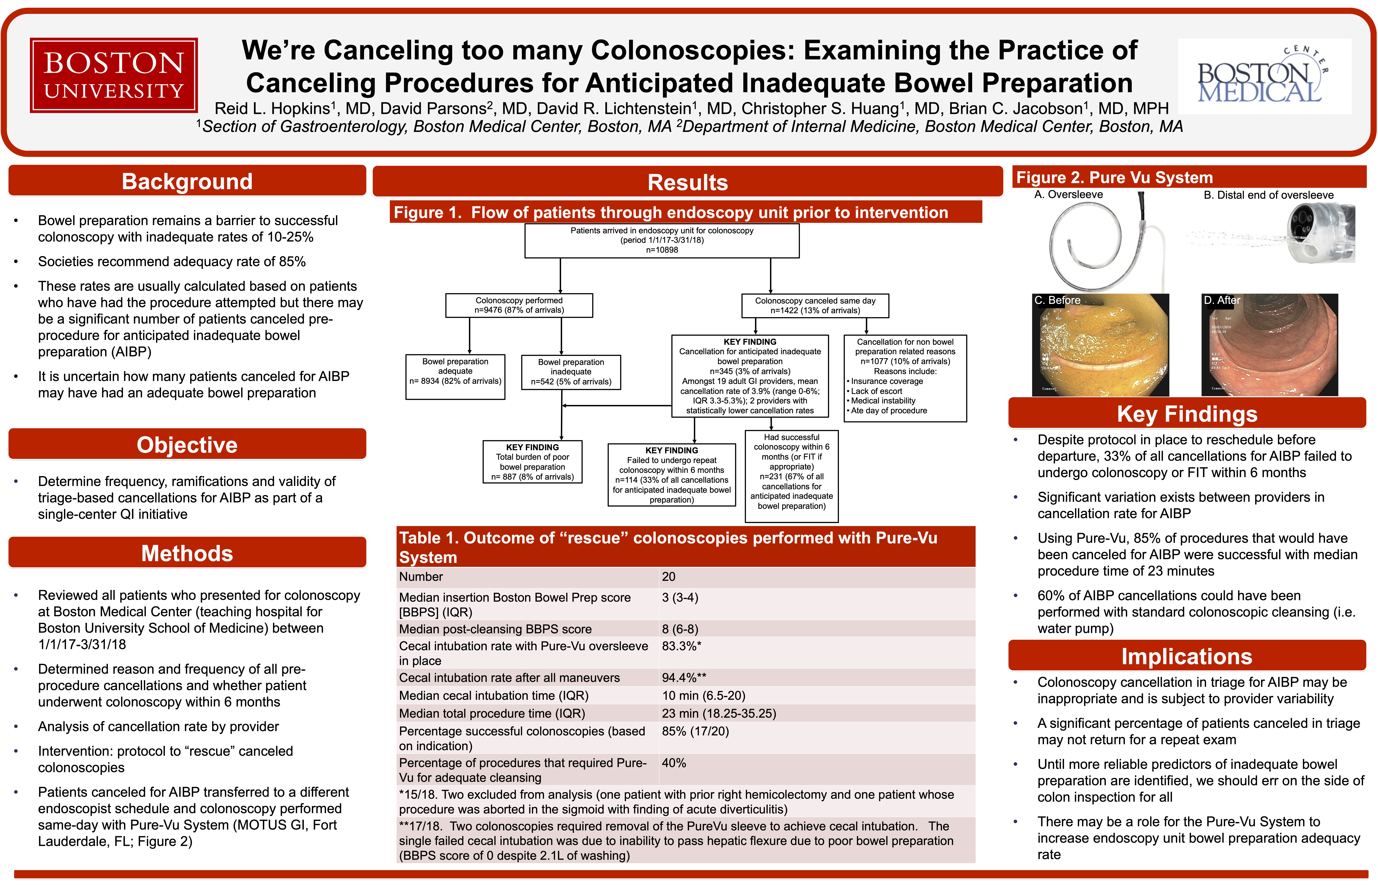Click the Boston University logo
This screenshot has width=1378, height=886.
click(x=114, y=75)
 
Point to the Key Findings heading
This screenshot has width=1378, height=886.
click(x=1187, y=414)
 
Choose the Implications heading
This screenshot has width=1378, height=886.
click(x=1187, y=656)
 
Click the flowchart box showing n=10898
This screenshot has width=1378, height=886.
click(x=662, y=241)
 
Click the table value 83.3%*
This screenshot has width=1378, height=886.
click(x=681, y=646)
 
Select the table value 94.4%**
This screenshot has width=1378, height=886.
click(x=684, y=678)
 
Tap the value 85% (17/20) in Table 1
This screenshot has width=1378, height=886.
click(x=695, y=731)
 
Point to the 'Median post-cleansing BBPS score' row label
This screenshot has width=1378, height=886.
click(x=495, y=629)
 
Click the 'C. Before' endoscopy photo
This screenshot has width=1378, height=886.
click(x=1101, y=345)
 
